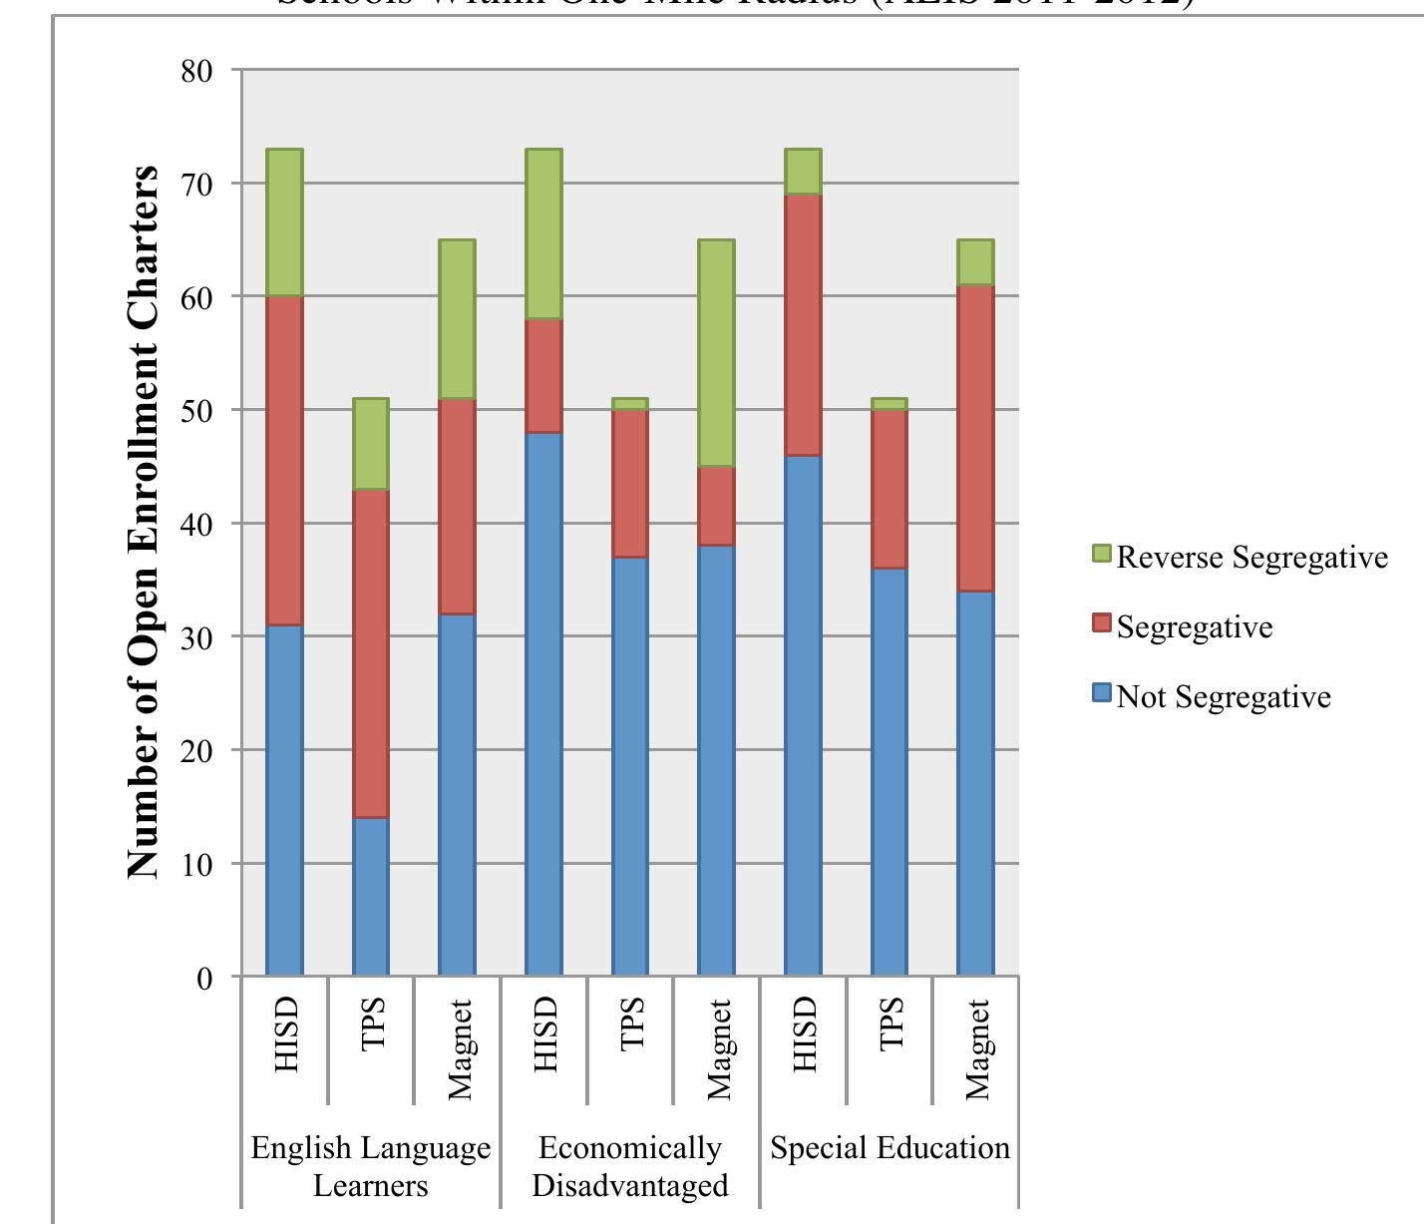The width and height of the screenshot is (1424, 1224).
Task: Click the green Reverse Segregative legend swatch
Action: click(1101, 554)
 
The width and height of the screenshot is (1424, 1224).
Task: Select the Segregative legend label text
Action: click(1194, 626)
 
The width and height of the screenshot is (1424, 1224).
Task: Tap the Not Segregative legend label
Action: click(1223, 696)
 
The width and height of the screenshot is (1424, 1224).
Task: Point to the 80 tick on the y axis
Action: click(196, 72)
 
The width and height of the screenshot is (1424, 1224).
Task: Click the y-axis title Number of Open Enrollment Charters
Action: click(144, 521)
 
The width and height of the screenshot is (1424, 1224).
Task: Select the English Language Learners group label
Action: click(370, 1166)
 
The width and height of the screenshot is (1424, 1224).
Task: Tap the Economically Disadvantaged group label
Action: click(629, 1166)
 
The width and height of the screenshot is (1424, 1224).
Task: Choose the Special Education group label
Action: click(890, 1148)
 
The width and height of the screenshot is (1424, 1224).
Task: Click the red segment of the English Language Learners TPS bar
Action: click(371, 653)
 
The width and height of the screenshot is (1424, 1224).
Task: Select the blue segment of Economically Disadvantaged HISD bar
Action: click(543, 703)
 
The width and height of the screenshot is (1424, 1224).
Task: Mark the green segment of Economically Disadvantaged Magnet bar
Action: click(716, 353)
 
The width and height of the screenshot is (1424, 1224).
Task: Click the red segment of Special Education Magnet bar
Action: click(975, 438)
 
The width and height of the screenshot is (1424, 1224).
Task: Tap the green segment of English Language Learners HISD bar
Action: click(284, 222)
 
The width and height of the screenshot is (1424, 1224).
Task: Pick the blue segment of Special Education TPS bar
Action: click(890, 771)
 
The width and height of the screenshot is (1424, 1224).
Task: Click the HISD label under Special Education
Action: click(804, 1035)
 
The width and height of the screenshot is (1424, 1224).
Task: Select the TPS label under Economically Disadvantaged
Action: click(631, 1024)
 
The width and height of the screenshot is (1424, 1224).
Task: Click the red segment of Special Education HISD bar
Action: click(803, 324)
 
